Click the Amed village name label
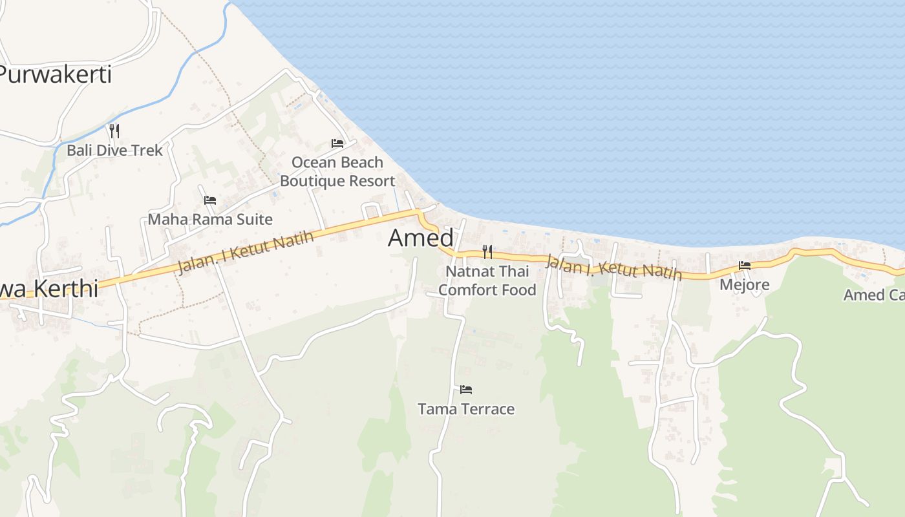(x=420, y=238)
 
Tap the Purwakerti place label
(x=56, y=74)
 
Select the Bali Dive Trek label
(x=115, y=151)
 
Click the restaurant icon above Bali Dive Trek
(x=114, y=131)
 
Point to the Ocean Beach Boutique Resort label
(x=337, y=172)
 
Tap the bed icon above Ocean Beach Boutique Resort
(x=337, y=143)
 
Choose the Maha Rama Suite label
(x=210, y=219)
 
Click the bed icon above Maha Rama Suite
(x=210, y=200)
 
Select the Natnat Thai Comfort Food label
(x=487, y=280)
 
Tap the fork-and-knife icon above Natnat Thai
(x=487, y=251)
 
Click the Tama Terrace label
(x=466, y=409)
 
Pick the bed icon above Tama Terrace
(x=466, y=390)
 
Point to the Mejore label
(x=745, y=285)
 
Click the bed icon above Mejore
(x=745, y=266)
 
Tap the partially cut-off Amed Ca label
(x=873, y=295)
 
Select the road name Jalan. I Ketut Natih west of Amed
(x=246, y=253)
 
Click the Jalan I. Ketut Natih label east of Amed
(x=613, y=267)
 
